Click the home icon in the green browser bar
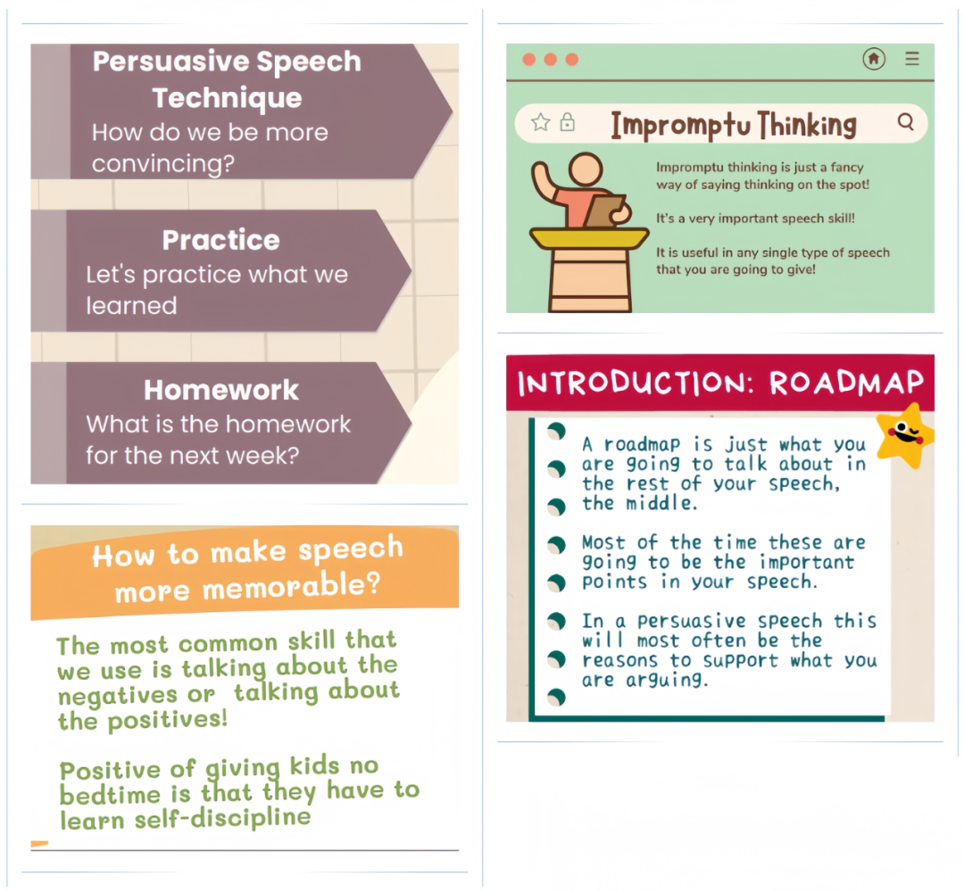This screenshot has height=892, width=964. pos(874,59)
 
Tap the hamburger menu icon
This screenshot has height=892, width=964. pos(912,58)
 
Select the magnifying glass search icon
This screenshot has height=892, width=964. pos(906,121)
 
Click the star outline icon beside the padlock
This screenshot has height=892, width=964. pos(541,122)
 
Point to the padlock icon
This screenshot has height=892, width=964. pos(568,122)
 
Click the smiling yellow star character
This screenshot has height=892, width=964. pos(904,435)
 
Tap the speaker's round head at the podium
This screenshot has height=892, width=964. pos(586,169)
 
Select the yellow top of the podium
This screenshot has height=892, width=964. pos(590,238)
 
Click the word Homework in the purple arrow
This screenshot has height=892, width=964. pos(221,390)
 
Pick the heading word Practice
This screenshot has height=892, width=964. pos(220,240)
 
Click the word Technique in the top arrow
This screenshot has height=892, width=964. pos(228,98)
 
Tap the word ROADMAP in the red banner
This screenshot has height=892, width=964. pos(846,383)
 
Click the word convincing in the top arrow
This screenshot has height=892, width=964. pos(163,164)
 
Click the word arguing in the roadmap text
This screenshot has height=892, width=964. pos(667,681)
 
